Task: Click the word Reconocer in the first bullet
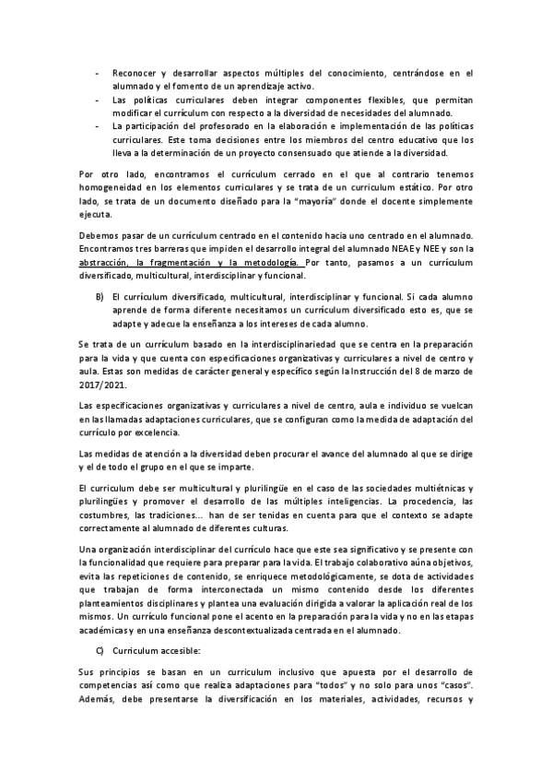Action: [135, 72]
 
